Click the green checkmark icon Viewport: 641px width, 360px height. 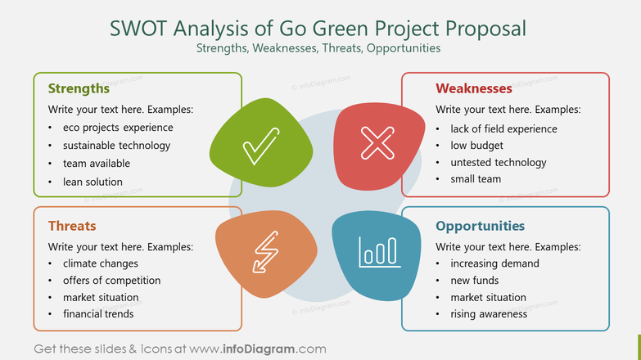pos(261,147)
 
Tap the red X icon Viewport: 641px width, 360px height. pos(377,143)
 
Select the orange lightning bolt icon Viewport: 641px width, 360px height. pos(264,250)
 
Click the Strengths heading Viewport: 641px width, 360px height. pos(79,88)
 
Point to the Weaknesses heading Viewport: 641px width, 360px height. pos(473,88)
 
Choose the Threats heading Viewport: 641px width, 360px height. pos(72,226)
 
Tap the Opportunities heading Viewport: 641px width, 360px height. pos(480,226)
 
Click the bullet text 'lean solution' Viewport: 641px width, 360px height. pos(93,182)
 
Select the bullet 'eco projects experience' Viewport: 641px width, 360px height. pos(118,128)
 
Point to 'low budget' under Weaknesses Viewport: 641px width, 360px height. pos(476,145)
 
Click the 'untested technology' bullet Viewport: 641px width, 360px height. pos(498,162)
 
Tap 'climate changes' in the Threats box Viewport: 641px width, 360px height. pos(100,263)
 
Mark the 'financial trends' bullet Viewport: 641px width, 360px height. pos(98,313)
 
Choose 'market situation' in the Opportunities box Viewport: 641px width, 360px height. pos(488,297)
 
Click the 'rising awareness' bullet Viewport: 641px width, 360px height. pos(489,314)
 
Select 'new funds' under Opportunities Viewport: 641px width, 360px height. pos(475,281)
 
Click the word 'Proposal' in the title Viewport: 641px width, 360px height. pos(485,28)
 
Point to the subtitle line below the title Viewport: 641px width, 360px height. pos(318,48)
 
